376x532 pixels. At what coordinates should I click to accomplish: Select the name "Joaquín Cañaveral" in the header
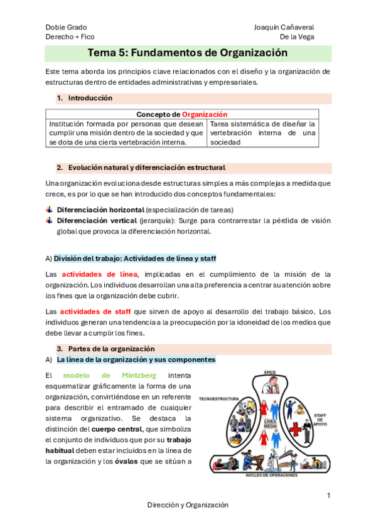point(284,27)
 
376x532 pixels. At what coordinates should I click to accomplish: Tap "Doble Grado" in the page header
point(66,27)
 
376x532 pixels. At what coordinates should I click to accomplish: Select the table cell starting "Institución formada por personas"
point(126,132)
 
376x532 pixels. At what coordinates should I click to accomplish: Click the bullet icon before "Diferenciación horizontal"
point(50,209)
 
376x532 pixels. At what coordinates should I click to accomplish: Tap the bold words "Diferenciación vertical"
point(97,221)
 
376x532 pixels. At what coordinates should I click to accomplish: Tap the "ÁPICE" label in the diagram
point(270,373)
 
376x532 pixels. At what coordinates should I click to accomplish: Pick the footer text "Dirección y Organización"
point(188,504)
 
